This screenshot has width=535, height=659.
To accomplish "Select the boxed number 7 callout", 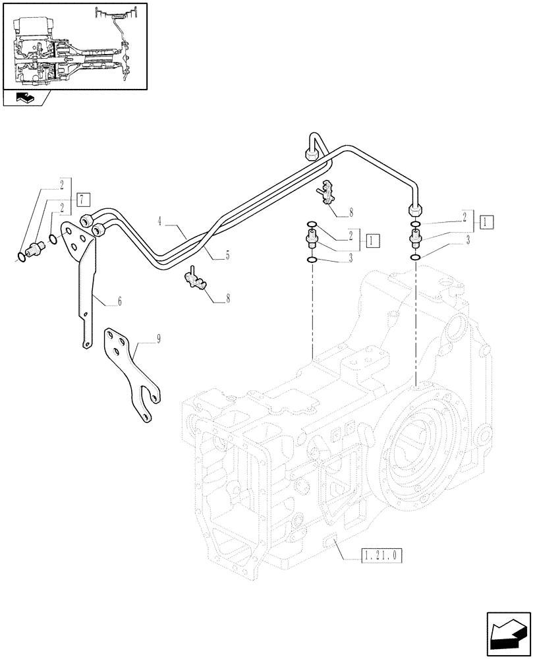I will click(81, 199).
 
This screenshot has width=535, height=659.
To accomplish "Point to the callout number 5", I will click(227, 254).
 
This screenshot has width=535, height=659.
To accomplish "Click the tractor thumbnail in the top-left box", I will click(74, 45).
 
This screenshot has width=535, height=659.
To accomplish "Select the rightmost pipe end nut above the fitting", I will click(415, 209).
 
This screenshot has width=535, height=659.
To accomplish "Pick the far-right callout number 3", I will click(467, 241).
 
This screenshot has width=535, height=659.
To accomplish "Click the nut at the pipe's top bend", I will click(312, 156).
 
